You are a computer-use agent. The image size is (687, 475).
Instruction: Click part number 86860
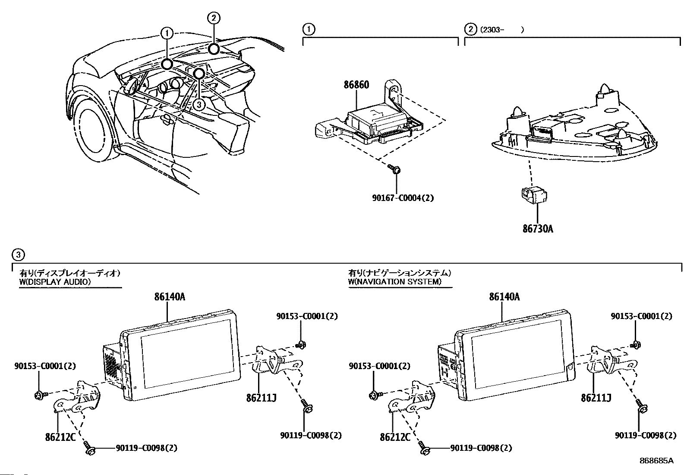pos(356,84)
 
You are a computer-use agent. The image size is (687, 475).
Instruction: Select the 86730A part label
pos(538,229)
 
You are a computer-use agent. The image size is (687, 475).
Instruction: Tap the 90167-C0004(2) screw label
pos(403,198)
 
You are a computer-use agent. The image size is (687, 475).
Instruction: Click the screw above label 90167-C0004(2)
pos(394,169)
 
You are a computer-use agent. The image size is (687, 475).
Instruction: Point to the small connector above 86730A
pos(534,194)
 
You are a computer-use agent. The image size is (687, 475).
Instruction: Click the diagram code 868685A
pos(656,460)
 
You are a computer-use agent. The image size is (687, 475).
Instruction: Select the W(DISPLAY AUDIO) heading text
pos(55,282)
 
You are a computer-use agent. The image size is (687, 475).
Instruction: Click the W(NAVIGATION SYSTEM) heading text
pos(395,281)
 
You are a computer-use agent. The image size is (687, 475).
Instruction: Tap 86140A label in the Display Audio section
pos(170,297)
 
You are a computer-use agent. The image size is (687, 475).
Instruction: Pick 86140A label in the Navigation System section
pos(504,297)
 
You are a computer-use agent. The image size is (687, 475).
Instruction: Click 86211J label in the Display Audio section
pos(262,398)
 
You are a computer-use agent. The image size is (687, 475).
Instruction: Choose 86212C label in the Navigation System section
pos(395,437)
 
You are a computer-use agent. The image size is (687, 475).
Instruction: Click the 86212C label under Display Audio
pos(60,437)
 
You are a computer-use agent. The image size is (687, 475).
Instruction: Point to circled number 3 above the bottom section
pos(18,255)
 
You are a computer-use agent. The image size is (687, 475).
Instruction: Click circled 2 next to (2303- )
pos(470,29)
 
